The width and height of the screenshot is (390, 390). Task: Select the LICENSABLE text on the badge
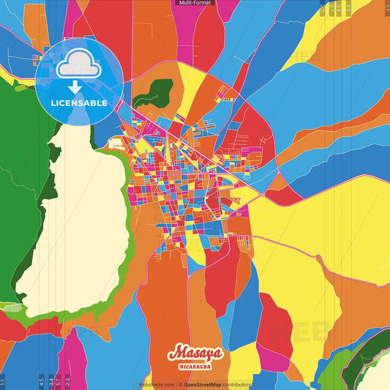coord(79,103)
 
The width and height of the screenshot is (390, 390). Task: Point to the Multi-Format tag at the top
coord(195,3)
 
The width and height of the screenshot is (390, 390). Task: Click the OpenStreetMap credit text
coord(207,384)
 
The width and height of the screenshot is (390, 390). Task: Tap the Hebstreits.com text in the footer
coord(157,384)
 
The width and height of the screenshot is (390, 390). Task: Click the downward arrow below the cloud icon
coord(75,87)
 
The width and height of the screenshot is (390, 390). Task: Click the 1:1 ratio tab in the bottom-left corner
coord(3,381)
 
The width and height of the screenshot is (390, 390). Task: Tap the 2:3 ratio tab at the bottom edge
coord(68,381)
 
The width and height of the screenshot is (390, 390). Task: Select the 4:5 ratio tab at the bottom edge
coord(42,381)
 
